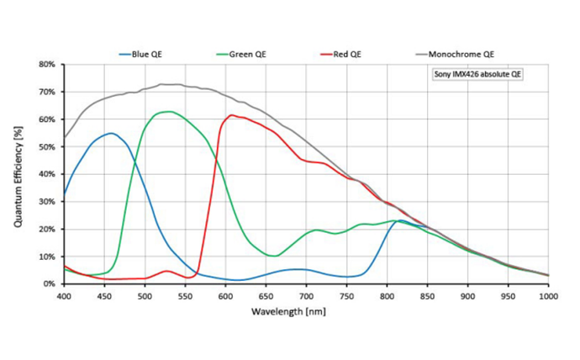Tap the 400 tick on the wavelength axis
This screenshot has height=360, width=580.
[x=64, y=296]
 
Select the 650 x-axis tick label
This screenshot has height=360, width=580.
[x=266, y=296]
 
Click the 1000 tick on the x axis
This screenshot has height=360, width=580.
[x=549, y=296]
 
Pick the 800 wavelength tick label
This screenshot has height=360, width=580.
[x=387, y=296]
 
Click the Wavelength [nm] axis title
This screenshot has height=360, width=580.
[x=306, y=311]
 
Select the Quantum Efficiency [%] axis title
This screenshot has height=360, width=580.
[x=18, y=174]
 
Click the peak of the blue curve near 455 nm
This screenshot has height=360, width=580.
[x=110, y=133]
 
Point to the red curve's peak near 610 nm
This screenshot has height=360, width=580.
[x=231, y=115]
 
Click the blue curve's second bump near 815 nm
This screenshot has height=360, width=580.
[x=402, y=220]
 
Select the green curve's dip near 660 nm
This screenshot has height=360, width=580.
[x=274, y=256]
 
